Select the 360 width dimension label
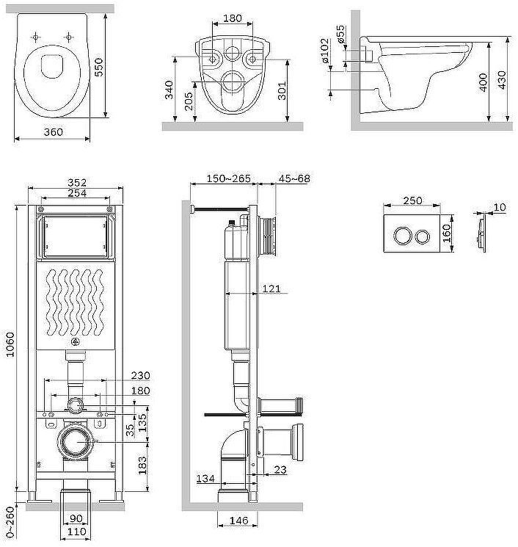point(53,132)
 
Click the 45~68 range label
point(293,178)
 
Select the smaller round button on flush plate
point(423,236)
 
